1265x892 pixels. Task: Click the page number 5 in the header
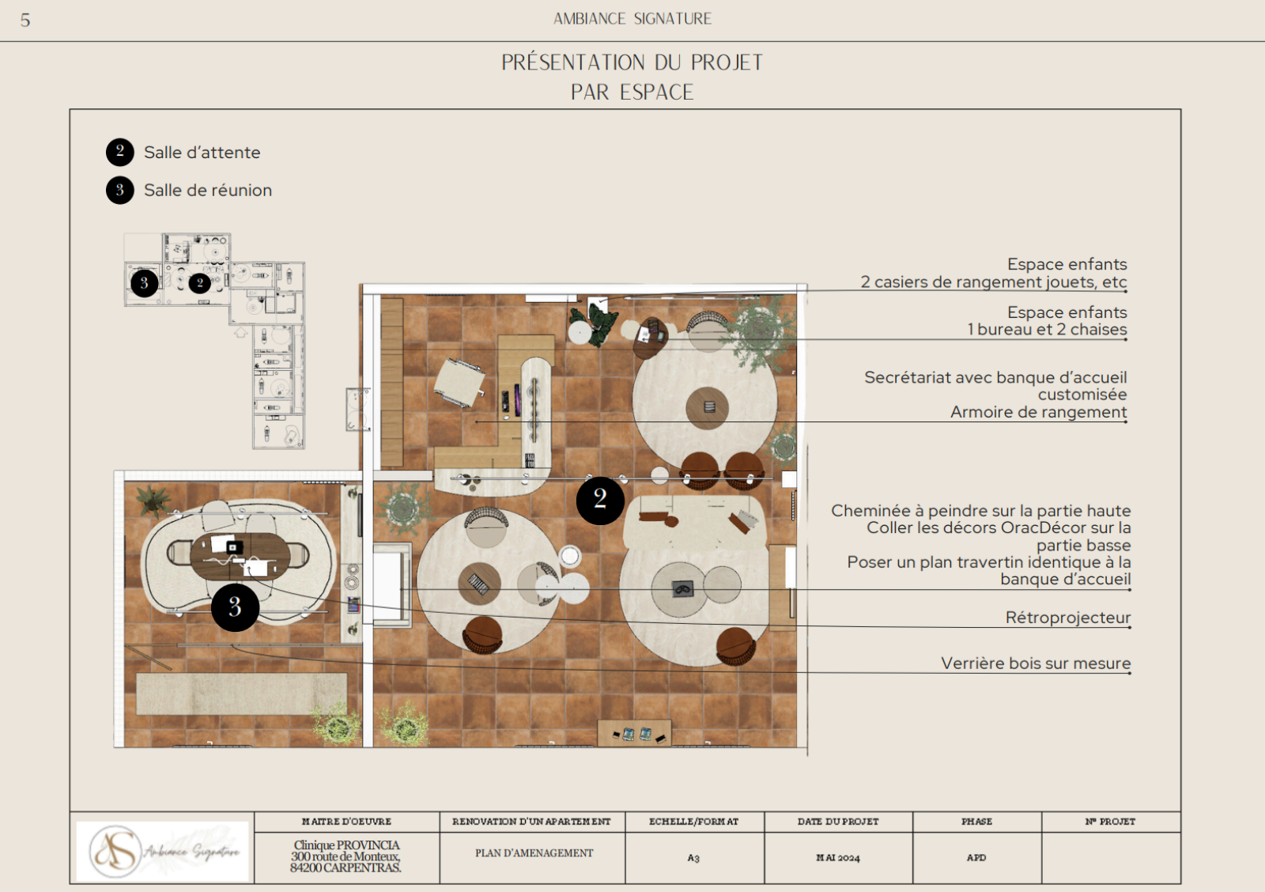point(25,21)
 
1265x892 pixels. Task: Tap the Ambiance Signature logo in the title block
point(162,852)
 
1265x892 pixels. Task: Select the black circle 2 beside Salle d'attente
point(119,152)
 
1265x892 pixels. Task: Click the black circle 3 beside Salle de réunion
point(119,190)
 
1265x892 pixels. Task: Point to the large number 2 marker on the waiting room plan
point(600,500)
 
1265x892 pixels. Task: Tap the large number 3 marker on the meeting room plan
point(235,607)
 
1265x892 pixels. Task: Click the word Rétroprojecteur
point(1068,618)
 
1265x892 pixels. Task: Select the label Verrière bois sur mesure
point(1036,663)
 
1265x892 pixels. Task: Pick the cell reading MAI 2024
point(838,858)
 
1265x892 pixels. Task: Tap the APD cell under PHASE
point(976,857)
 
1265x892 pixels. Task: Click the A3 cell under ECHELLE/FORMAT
point(693,858)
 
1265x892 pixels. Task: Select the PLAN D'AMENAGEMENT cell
point(534,853)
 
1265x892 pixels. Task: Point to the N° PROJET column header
point(1110,822)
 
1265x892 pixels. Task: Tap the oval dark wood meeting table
point(240,557)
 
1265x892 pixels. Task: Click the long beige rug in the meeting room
point(241,694)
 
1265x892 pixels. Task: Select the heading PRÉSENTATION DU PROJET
point(632,62)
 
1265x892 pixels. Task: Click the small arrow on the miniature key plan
point(240,333)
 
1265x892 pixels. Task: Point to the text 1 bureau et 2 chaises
point(1047,329)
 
